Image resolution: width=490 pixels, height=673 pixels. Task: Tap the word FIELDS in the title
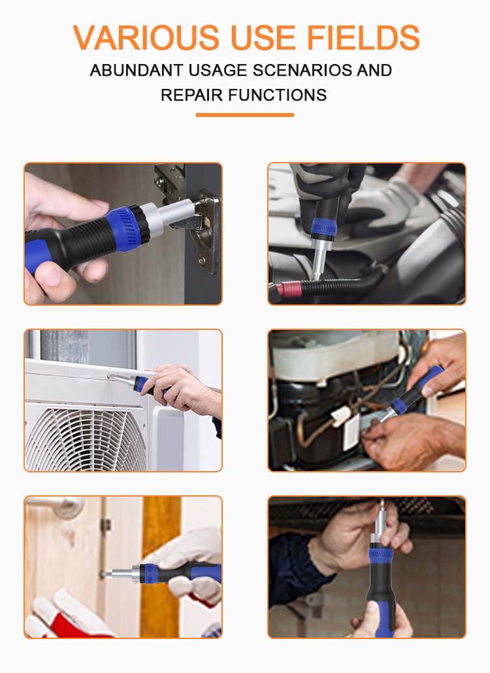[363, 38]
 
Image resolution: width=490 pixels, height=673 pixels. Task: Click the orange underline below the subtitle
[245, 115]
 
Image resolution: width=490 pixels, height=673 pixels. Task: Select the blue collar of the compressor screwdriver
[399, 406]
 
